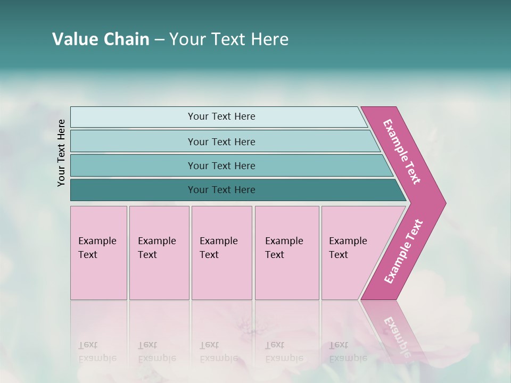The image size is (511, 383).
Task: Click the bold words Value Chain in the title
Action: (x=101, y=39)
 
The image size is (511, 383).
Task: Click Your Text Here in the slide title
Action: (x=229, y=39)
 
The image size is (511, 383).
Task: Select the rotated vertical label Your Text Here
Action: (x=62, y=153)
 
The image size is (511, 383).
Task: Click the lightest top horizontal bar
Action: (x=221, y=116)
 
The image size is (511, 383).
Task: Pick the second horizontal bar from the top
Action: (x=221, y=141)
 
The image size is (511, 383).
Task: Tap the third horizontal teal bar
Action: (x=221, y=165)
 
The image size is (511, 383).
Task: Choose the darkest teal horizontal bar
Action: (x=221, y=190)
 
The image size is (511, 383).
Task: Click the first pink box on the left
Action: (x=98, y=253)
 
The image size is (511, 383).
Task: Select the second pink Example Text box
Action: (x=159, y=253)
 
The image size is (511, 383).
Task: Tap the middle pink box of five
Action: (x=221, y=253)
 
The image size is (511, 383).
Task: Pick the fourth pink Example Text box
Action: (x=287, y=253)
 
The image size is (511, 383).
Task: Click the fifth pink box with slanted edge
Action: (x=351, y=253)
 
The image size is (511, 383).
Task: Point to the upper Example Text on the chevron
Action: (x=402, y=152)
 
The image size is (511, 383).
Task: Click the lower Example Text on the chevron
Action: (x=403, y=251)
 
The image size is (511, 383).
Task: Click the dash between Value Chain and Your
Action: (x=159, y=40)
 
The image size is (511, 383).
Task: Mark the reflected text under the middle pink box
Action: (x=218, y=352)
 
